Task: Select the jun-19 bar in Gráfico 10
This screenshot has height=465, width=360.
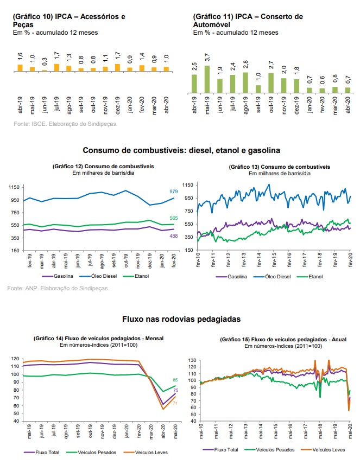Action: [45, 71]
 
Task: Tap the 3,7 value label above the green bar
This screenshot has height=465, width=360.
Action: [207, 58]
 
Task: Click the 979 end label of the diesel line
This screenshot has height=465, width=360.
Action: [174, 192]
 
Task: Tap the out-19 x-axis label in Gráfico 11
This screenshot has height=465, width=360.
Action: [270, 104]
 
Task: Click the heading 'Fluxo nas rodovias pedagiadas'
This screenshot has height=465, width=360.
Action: [181, 319]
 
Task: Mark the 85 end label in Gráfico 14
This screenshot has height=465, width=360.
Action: [175, 380]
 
